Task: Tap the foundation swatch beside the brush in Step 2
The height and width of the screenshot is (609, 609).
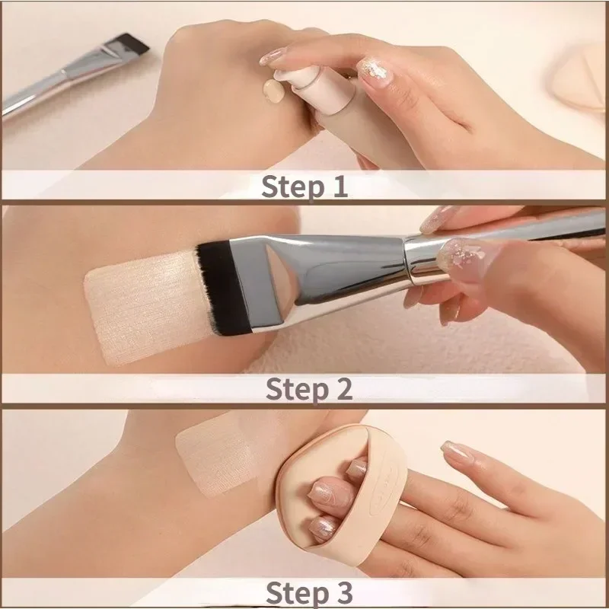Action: point(137,304)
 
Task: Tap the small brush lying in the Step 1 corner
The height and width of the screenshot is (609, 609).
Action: point(76,72)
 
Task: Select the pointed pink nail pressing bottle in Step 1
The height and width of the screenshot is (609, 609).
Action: point(273,56)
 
